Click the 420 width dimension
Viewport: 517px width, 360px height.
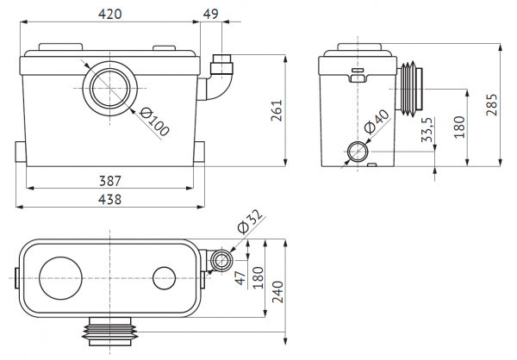pyautogui.click(x=109, y=14)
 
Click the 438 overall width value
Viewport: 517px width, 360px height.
pyautogui.click(x=109, y=199)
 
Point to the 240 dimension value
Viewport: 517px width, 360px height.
pyautogui.click(x=277, y=292)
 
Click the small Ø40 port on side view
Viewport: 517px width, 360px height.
pyautogui.click(x=358, y=152)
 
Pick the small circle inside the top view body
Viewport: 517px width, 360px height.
pyautogui.click(x=164, y=276)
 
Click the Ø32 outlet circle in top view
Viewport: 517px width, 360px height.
pyautogui.click(x=222, y=261)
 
